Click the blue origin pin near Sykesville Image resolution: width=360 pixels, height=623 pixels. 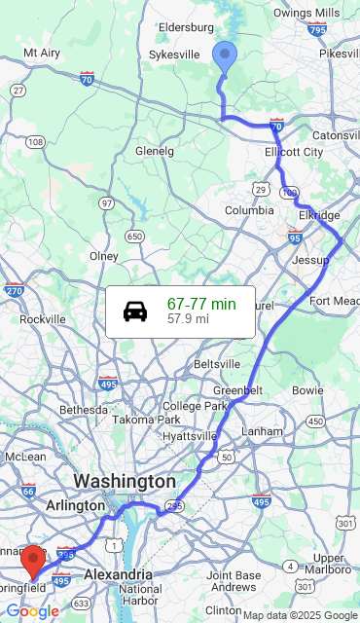pyautogui.click(x=225, y=57)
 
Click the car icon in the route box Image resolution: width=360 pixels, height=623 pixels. pyautogui.click(x=135, y=311)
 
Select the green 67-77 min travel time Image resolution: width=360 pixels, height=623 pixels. pyautogui.click(x=201, y=305)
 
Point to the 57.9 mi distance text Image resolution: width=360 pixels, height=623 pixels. pyautogui.click(x=188, y=318)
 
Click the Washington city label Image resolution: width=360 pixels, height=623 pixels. pyautogui.click(x=125, y=482)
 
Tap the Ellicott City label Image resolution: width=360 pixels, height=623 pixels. pyautogui.click(x=294, y=152)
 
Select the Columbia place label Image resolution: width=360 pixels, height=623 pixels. pyautogui.click(x=250, y=210)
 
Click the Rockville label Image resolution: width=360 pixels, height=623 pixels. pyautogui.click(x=43, y=319)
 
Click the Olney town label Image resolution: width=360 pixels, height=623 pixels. pyautogui.click(x=104, y=256)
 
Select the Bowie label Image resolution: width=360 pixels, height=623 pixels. pyautogui.click(x=307, y=389)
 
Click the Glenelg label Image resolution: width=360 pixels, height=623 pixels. pyautogui.click(x=155, y=151)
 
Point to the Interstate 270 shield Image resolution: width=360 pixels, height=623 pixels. pyautogui.click(x=14, y=289)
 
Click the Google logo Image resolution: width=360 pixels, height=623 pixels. pyautogui.click(x=32, y=611)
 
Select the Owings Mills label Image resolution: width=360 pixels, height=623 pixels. pyautogui.click(x=306, y=13)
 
